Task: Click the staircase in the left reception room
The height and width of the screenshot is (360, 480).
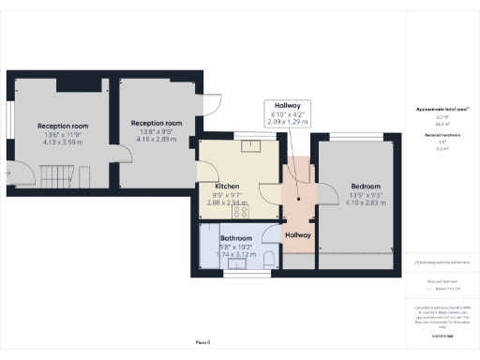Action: pyautogui.click(x=59, y=175)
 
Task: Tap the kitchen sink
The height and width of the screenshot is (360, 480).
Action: pyautogui.click(x=251, y=145)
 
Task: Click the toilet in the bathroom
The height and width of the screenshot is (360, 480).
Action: pyautogui.click(x=269, y=258)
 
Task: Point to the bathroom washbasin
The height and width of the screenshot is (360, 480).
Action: pyautogui.click(x=235, y=263)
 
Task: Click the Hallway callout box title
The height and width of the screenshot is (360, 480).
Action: pyautogui.click(x=286, y=106)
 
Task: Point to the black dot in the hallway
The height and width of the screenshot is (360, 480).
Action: pyautogui.click(x=298, y=199)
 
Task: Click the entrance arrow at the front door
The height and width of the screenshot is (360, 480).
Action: pyautogui.click(x=8, y=172)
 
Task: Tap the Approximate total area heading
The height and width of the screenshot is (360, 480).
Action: pyautogui.click(x=442, y=110)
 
